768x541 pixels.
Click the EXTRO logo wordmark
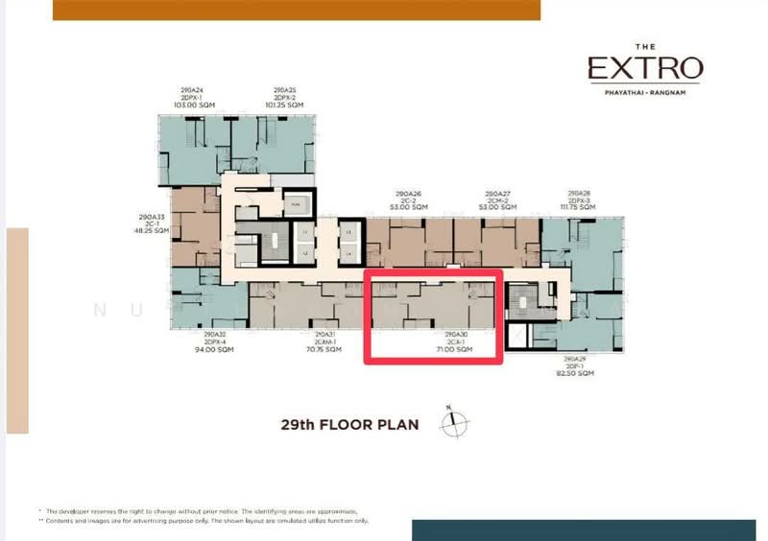click(x=645, y=69)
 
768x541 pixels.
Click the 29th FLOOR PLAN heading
click(x=349, y=423)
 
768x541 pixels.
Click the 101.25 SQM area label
click(x=284, y=104)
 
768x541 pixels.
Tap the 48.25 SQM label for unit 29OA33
click(x=153, y=231)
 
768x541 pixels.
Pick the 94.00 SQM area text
click(x=214, y=350)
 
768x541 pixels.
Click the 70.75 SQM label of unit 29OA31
click(x=324, y=350)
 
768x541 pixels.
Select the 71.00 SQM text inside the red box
click(x=455, y=350)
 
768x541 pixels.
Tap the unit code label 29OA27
click(x=498, y=194)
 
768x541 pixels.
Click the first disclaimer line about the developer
click(x=202, y=511)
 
